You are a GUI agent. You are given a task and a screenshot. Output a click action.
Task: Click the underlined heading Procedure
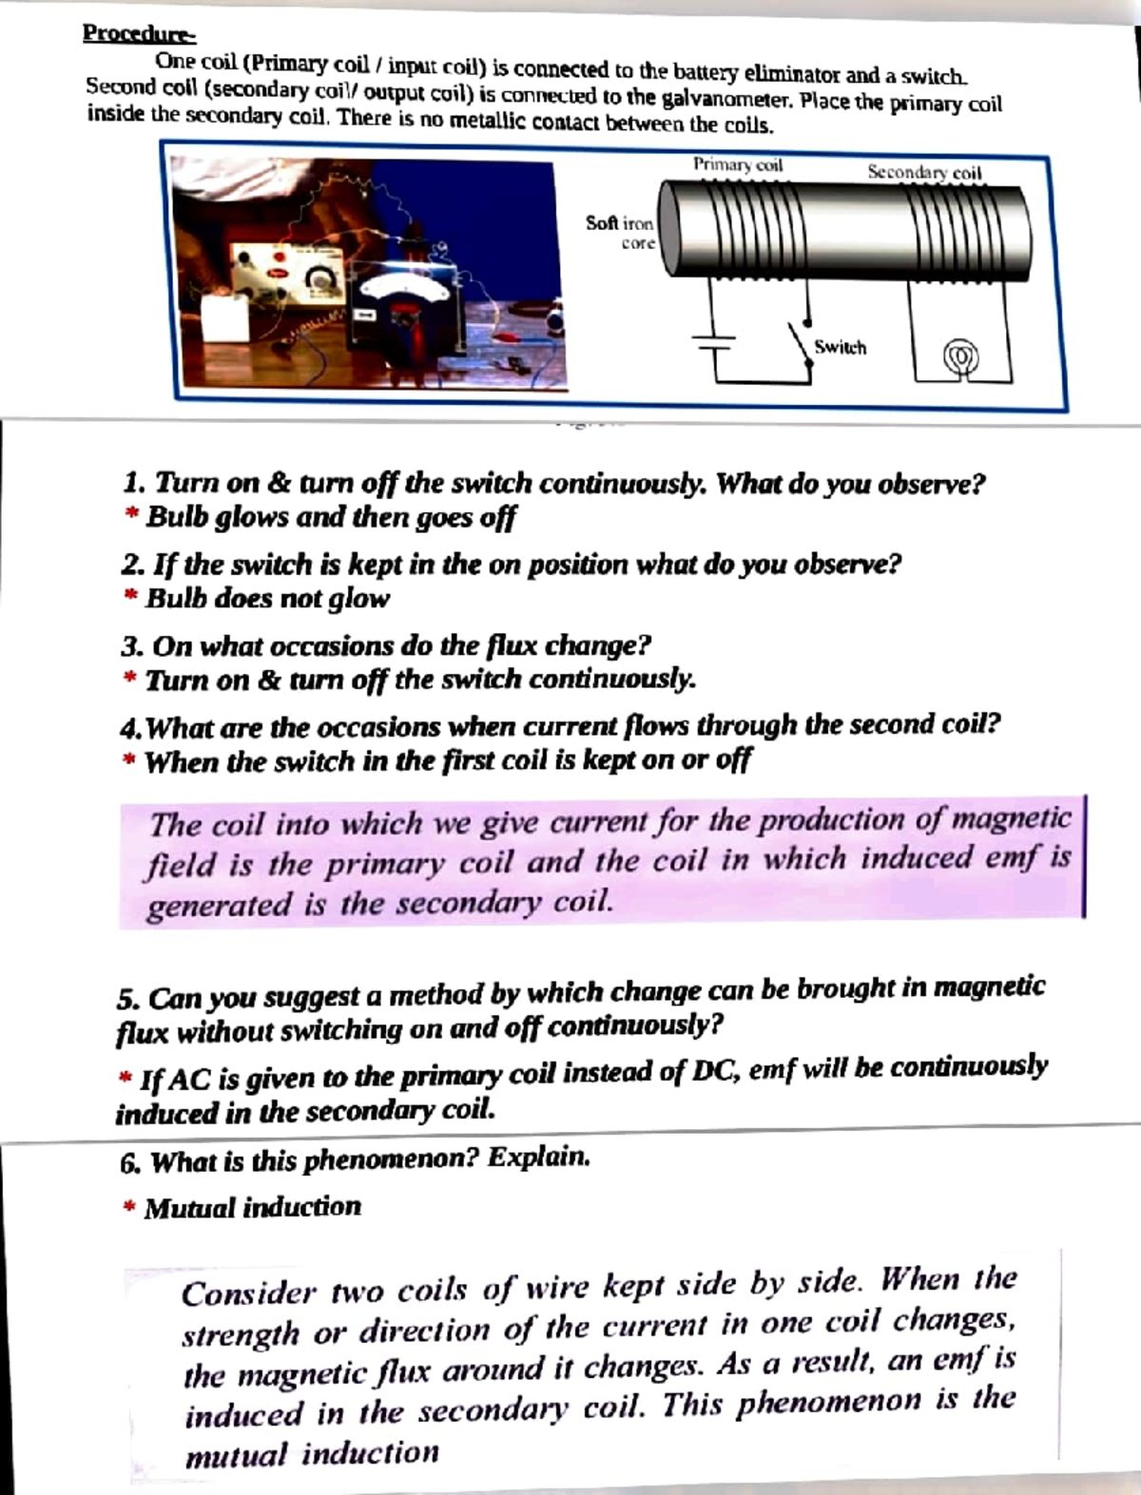pyautogui.click(x=139, y=34)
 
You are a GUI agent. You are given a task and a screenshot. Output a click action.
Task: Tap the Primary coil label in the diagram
pyautogui.click(x=737, y=164)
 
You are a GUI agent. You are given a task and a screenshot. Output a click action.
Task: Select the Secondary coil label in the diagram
pyautogui.click(x=923, y=172)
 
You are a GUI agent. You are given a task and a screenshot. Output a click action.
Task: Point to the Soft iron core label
pyautogui.click(x=620, y=232)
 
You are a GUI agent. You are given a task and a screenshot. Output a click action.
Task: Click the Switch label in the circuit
pyautogui.click(x=840, y=348)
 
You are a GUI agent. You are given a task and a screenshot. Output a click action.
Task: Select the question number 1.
pyautogui.click(x=133, y=483)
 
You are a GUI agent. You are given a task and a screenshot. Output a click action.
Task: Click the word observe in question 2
pyautogui.click(x=846, y=565)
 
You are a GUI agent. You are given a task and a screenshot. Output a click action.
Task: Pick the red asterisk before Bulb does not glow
pyautogui.click(x=130, y=599)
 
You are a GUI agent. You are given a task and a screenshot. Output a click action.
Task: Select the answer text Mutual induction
pyautogui.click(x=252, y=1208)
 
